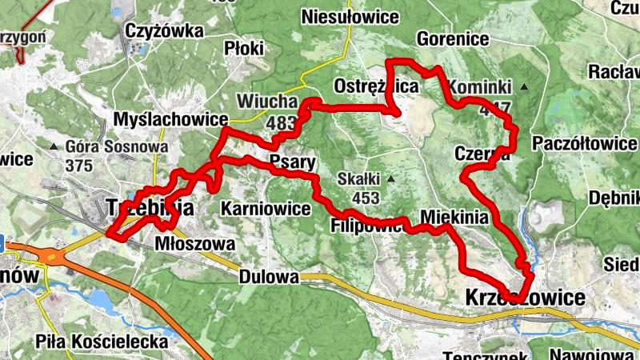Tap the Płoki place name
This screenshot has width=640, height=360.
[245, 47]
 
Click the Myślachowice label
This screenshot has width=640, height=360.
[171, 118]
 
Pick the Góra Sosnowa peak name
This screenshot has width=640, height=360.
[117, 147]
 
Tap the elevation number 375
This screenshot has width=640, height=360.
[79, 166]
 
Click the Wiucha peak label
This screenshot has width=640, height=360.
[262, 102]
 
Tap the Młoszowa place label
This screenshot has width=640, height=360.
[195, 242]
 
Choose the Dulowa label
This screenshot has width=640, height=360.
[268, 278]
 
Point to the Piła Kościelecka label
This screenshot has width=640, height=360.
[102, 342]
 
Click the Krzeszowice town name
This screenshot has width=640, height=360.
[524, 298]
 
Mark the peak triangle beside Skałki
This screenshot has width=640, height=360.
[391, 178]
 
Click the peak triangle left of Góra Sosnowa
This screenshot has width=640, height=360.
[54, 146]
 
